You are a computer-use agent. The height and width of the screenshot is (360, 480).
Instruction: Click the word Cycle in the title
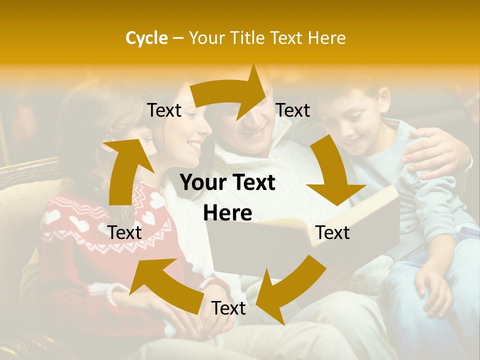(x=146, y=38)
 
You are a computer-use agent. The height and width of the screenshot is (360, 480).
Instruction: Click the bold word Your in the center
(x=202, y=183)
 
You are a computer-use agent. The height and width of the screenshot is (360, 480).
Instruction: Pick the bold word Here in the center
(x=227, y=213)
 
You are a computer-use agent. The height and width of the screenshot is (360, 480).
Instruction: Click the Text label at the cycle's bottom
(x=228, y=308)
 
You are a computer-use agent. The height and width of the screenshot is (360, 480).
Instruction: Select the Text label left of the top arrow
(x=164, y=110)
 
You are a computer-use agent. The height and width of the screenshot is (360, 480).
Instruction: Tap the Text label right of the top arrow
(x=293, y=110)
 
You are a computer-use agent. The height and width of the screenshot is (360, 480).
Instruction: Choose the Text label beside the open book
(x=332, y=232)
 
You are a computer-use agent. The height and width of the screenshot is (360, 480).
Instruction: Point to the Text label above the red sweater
(x=124, y=232)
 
